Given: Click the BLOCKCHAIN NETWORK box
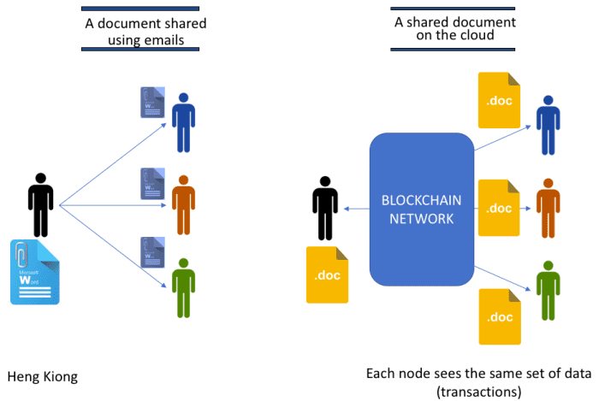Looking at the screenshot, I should [x=420, y=208].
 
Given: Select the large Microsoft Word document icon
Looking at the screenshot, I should [x=35, y=273].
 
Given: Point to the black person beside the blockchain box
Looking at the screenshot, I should [x=325, y=208].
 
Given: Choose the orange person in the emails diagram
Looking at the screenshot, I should [x=181, y=204].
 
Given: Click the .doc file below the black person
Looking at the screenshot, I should [x=328, y=274].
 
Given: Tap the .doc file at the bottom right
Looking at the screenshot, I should [x=499, y=316].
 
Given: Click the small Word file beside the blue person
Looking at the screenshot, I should [x=151, y=103].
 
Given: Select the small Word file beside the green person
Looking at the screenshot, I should [x=151, y=253].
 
